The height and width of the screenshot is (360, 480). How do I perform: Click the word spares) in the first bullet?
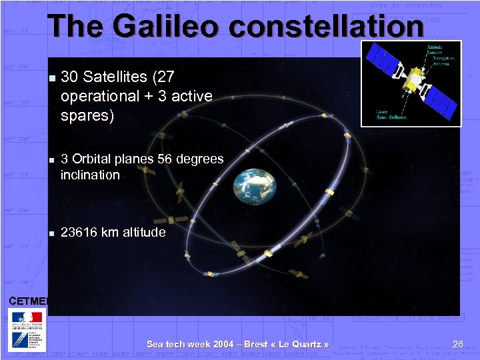click(87, 115)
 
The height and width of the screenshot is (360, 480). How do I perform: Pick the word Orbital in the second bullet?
click(93, 159)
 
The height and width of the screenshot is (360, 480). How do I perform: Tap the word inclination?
click(90, 175)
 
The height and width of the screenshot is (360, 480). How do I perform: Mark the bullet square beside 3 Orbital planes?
click(51, 160)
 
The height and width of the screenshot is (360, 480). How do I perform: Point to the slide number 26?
click(457, 344)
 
